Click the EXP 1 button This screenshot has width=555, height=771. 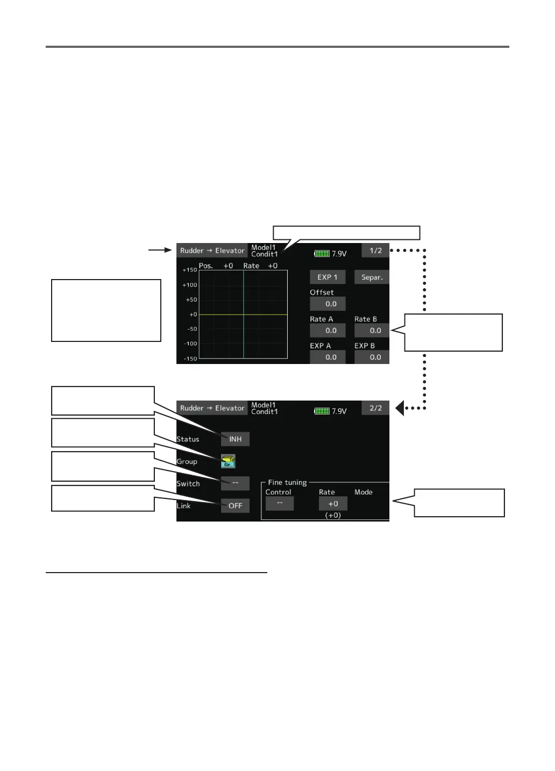[328, 277]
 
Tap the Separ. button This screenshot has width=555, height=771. [372, 277]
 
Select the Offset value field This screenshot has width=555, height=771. [328, 304]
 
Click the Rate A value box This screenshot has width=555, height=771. [328, 331]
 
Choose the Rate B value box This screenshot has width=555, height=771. [372, 331]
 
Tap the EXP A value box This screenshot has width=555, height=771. [328, 357]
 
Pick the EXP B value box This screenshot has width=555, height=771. [372, 357]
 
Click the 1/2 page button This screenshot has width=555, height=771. [375, 251]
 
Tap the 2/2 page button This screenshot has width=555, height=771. [375, 408]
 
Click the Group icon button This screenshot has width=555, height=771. [228, 461]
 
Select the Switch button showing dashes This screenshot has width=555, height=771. [235, 483]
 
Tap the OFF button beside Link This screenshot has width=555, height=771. [235, 505]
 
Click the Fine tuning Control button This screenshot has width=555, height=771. [280, 503]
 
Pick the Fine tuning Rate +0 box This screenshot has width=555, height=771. [333, 504]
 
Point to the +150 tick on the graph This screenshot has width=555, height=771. [190, 270]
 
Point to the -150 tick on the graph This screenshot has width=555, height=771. [190, 359]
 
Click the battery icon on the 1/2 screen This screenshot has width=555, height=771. [322, 253]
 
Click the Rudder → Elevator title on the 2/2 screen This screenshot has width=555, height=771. [212, 408]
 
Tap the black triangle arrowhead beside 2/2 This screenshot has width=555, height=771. [400, 408]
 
